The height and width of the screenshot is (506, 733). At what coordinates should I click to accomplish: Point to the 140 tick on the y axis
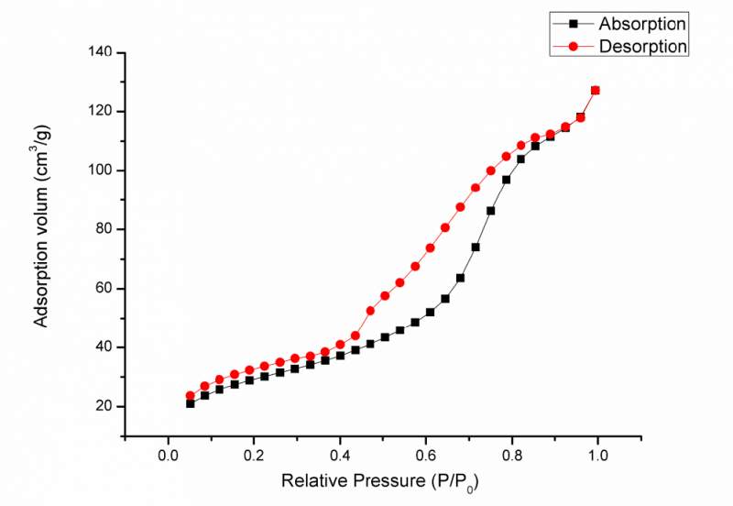pyautogui.click(x=100, y=52)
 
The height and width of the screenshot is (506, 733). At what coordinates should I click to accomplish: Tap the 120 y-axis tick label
pyautogui.click(x=100, y=111)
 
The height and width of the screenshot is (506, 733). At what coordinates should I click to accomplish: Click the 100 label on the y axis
pyautogui.click(x=100, y=170)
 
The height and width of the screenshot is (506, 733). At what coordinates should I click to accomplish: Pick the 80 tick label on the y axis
pyautogui.click(x=104, y=229)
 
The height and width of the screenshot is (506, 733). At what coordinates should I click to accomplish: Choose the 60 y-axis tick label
pyautogui.click(x=104, y=288)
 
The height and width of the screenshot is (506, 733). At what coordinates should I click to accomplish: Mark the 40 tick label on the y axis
pyautogui.click(x=104, y=347)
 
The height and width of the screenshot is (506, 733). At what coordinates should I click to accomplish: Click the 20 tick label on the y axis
pyautogui.click(x=104, y=406)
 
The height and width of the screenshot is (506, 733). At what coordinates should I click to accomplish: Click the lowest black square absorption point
pyautogui.click(x=191, y=403)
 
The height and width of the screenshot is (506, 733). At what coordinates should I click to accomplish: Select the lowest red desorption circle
pyautogui.click(x=191, y=396)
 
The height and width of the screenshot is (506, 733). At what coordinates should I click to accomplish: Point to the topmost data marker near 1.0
pyautogui.click(x=596, y=90)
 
